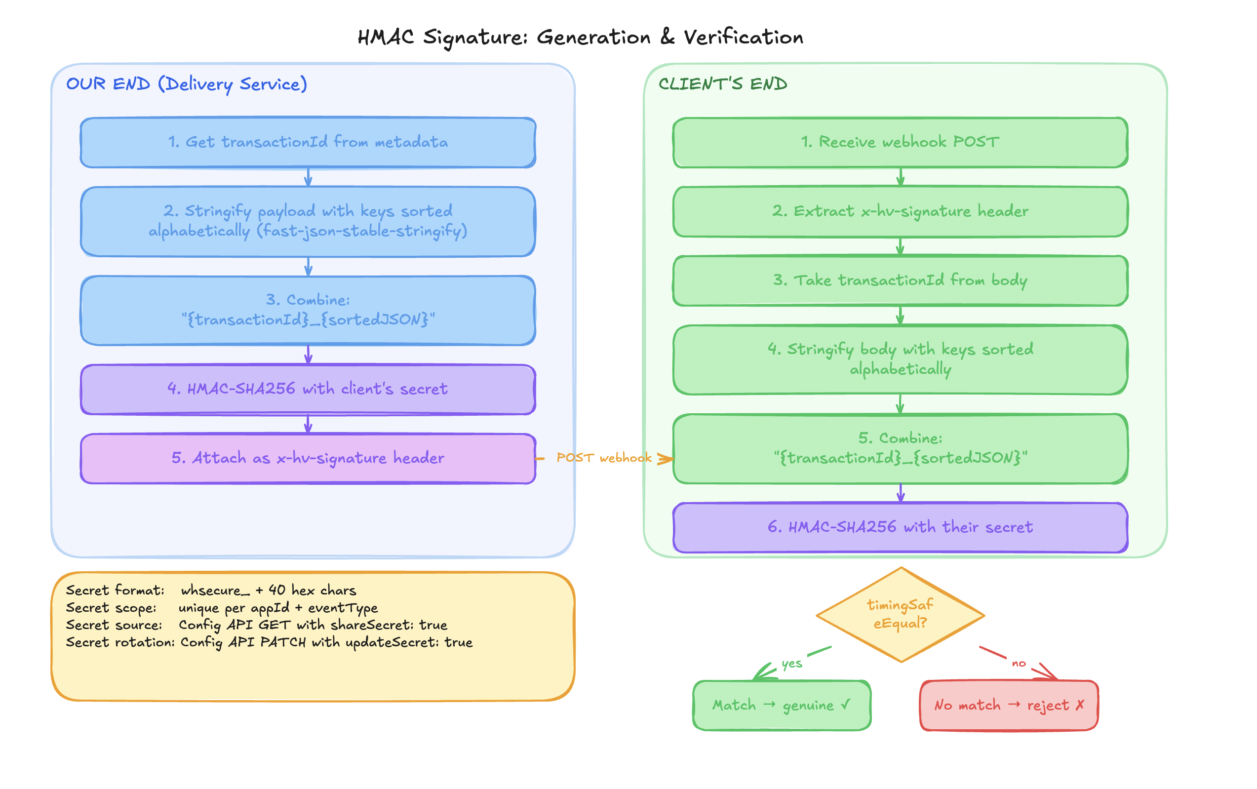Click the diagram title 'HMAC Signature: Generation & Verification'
[x=580, y=38]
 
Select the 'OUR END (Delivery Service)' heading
[x=186, y=84]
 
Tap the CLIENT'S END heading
[x=722, y=84]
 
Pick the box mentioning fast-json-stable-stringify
[x=308, y=221]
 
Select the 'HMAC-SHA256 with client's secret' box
[x=308, y=389]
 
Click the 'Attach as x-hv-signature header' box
[x=308, y=458]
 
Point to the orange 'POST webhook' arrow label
[x=603, y=458]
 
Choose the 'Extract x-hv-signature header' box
[x=900, y=211]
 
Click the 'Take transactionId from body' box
[x=900, y=281]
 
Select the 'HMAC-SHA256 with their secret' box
[x=900, y=527]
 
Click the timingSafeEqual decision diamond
[x=900, y=614]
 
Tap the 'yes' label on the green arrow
[x=791, y=664]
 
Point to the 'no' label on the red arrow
[x=1018, y=664]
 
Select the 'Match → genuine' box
[x=781, y=705]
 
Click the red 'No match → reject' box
[x=1008, y=705]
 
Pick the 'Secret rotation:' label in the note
[x=120, y=642]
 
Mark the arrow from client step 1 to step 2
[x=900, y=177]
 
